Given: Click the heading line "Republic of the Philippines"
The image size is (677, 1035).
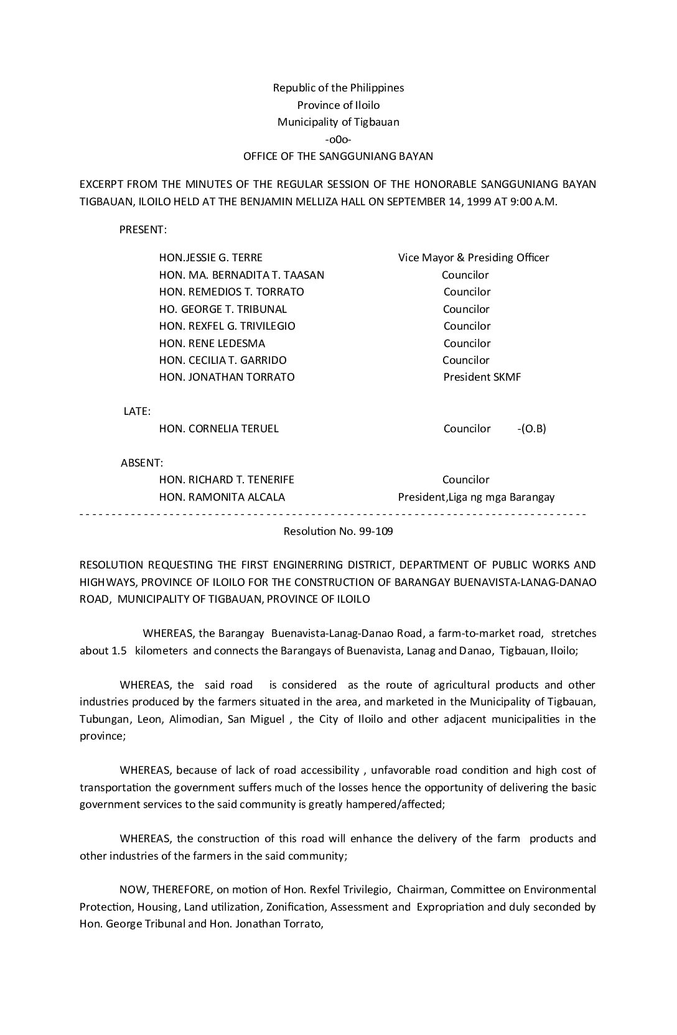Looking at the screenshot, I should (x=338, y=88).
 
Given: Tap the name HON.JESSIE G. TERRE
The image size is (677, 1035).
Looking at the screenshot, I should (x=211, y=258).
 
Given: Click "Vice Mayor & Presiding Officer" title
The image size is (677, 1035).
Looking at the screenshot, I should (x=474, y=258).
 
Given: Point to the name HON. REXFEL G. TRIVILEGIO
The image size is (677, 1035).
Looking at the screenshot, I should (x=227, y=326).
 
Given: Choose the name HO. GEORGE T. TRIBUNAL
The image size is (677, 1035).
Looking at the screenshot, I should (x=223, y=309).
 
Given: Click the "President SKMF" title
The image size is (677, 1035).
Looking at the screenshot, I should (x=482, y=377).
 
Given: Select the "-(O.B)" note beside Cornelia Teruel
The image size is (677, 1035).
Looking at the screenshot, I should (x=531, y=429).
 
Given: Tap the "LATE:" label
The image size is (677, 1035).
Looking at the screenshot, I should (x=137, y=411).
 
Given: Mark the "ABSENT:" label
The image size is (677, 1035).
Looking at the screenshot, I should (x=142, y=463).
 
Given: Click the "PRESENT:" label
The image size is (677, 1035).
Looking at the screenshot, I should (x=143, y=230).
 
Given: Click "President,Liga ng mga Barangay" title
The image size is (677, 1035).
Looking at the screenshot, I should (x=476, y=497).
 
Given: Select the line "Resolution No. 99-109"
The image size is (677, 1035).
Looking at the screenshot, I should (x=338, y=532).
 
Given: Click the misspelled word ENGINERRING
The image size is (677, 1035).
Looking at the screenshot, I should (x=308, y=565).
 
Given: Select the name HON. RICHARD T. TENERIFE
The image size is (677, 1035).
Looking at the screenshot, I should (x=226, y=480).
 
